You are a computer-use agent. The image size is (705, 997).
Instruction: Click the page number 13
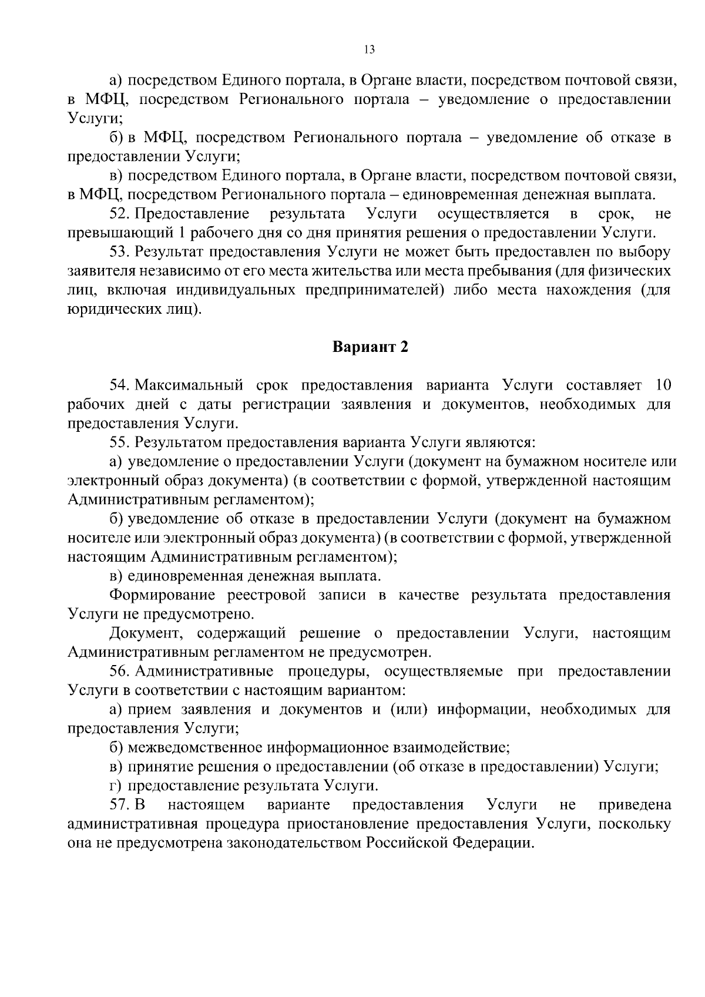pyautogui.click(x=370, y=49)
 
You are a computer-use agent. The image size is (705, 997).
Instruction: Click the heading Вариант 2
pyautogui.click(x=370, y=347)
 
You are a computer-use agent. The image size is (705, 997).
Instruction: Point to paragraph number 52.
pyautogui.click(x=119, y=213)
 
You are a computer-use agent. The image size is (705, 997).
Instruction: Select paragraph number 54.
pyautogui.click(x=119, y=385)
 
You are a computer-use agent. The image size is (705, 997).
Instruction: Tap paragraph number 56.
pyautogui.click(x=119, y=672)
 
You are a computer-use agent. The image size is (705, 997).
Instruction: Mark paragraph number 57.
pyautogui.click(x=119, y=805)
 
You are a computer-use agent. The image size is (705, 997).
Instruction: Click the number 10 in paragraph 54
pyautogui.click(x=662, y=385)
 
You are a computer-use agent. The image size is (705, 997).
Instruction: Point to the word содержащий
pyautogui.click(x=241, y=633)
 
